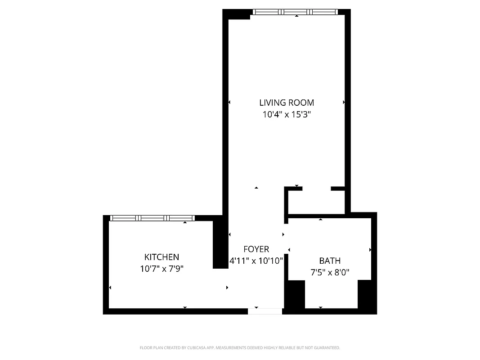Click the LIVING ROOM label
(287, 103)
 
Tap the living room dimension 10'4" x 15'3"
(287, 115)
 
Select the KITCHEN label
(161, 257)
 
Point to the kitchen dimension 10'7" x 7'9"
(161, 269)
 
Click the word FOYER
(256, 249)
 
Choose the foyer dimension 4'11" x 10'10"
(256, 261)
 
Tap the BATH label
(330, 261)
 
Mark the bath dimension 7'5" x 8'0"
(330, 272)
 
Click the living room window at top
(295, 12)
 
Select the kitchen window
(153, 218)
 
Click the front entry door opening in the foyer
(265, 311)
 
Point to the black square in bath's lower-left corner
(296, 294)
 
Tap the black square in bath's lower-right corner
(366, 294)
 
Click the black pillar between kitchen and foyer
(220, 243)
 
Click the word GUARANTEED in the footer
(327, 348)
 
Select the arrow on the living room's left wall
(229, 103)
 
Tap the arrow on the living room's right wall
(344, 103)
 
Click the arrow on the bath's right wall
(370, 250)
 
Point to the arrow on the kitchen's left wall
(110, 288)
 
